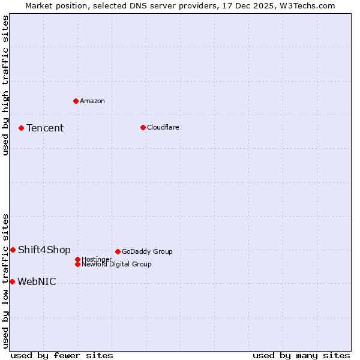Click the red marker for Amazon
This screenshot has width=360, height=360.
pyautogui.click(x=76, y=101)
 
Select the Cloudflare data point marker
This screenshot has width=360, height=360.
pyautogui.click(x=143, y=127)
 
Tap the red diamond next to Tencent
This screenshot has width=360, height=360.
pyautogui.click(x=21, y=128)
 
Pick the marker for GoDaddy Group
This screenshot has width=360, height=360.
pyautogui.click(x=118, y=251)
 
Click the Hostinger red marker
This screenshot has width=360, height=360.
pyautogui.click(x=77, y=259)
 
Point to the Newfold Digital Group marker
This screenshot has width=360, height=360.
pyautogui.click(x=77, y=264)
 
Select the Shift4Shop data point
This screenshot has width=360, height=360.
pyautogui.click(x=13, y=250)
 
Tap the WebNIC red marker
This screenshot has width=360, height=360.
pyautogui.click(x=12, y=281)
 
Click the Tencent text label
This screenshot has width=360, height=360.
pyautogui.click(x=45, y=128)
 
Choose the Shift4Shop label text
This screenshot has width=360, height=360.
pyautogui.click(x=44, y=250)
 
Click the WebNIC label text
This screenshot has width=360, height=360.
pyautogui.click(x=37, y=281)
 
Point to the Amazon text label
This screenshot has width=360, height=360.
pyautogui.click(x=92, y=101)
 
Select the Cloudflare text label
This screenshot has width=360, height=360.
pyautogui.click(x=163, y=127)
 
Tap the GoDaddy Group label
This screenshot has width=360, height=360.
pyautogui.click(x=147, y=251)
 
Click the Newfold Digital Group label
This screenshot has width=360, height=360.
pyautogui.click(x=117, y=264)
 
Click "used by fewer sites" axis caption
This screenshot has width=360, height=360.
pyautogui.click(x=62, y=355)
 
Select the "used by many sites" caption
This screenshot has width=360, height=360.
pyautogui.click(x=301, y=355)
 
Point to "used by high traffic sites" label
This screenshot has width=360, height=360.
pyautogui.click(x=5, y=85)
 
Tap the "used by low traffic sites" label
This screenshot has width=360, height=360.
pyautogui.click(x=5, y=280)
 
